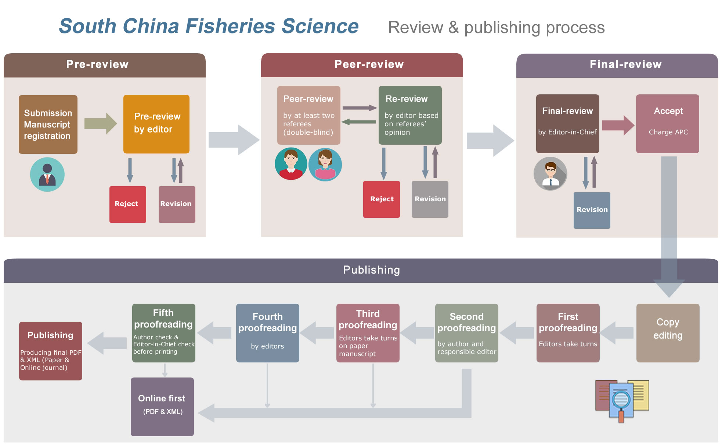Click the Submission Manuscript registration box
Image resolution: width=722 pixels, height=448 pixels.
[48, 124]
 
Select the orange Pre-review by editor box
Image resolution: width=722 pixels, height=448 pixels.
[156, 124]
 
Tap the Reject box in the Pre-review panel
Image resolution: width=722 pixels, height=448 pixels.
[128, 204]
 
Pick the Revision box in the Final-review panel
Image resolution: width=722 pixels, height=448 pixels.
[592, 210]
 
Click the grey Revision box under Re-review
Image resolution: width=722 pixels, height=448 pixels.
[430, 199]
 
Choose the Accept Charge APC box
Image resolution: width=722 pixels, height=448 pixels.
[668, 124]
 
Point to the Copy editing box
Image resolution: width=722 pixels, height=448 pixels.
[668, 333]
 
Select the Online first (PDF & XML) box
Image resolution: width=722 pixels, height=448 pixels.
[162, 407]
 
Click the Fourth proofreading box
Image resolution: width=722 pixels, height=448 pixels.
[268, 333]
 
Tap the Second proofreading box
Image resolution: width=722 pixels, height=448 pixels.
[467, 333]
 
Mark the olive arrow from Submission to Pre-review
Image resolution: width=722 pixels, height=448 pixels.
[100, 123]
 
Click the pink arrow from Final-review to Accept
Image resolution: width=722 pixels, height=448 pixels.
[618, 125]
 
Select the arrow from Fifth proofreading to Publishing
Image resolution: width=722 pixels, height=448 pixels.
[107, 343]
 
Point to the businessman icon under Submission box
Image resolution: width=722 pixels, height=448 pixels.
[47, 174]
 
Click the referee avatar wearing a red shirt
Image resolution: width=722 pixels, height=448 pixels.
[291, 164]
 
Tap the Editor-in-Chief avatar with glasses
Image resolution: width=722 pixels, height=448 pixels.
[550, 173]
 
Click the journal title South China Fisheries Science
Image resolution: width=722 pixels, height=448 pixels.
[209, 26]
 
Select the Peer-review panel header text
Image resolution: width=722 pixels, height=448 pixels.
[369, 65]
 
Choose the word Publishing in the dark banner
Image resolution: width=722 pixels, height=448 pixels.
[371, 270]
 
